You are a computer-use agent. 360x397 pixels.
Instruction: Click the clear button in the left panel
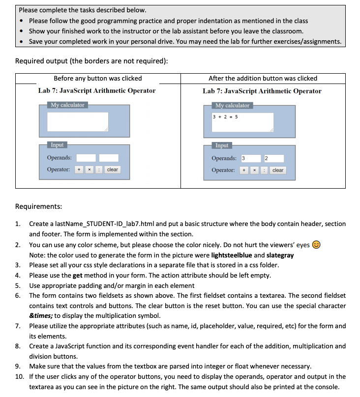[113, 170]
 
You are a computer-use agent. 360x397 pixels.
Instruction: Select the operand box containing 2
[273, 158]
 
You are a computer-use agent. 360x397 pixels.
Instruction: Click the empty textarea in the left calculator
[78, 121]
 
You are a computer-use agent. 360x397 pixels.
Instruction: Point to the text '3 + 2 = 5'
[225, 117]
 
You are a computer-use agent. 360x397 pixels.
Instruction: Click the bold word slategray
[279, 255]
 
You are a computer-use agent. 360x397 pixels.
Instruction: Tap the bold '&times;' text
[42, 315]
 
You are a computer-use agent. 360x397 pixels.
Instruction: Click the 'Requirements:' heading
[38, 207]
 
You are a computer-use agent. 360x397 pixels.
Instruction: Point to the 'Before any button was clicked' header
[97, 79]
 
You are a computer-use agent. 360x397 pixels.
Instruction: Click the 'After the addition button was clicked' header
[263, 79]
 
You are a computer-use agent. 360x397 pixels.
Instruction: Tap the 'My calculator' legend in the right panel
[233, 105]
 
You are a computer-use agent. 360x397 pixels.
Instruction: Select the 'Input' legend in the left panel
[57, 145]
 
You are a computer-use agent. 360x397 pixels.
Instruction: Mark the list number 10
[19, 376]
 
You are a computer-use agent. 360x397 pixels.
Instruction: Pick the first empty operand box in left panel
[86, 158]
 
